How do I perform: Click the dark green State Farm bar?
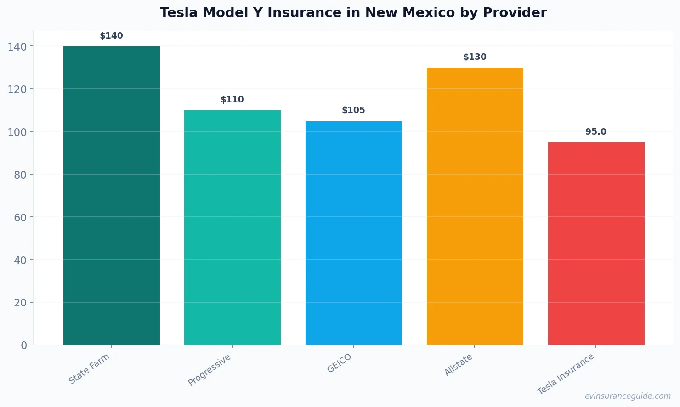111,195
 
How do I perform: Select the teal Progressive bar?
232,227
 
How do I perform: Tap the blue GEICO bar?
353,233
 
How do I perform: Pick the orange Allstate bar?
475,206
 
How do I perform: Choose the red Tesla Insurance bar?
596,243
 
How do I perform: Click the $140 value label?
111,36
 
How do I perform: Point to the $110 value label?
232,100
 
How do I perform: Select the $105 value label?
353,110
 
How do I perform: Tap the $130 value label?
475,57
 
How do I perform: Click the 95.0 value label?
596,132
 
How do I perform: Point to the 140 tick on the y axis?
17,46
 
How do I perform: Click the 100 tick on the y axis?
17,132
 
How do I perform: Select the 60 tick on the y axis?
20,217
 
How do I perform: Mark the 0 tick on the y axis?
24,345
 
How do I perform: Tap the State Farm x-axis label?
89,368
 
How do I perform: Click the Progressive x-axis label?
210,370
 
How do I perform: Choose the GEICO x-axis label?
340,363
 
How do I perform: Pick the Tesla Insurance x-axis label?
566,374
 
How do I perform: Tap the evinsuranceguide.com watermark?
628,396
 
